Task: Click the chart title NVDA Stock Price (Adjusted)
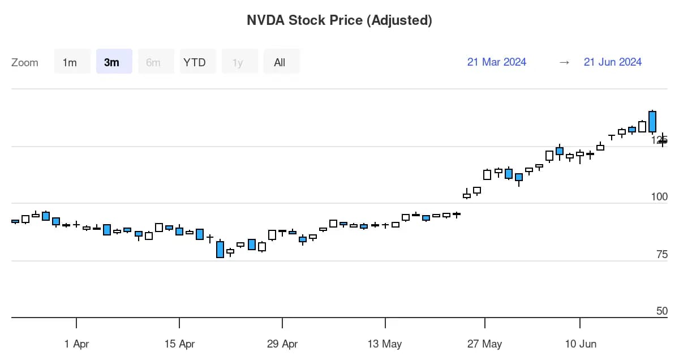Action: [x=339, y=20]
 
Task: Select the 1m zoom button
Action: [x=72, y=62]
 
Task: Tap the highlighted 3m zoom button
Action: [x=114, y=62]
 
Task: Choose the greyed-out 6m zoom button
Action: [x=156, y=62]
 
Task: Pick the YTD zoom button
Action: [x=198, y=62]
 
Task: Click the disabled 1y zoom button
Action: [x=240, y=62]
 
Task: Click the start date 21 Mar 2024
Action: [x=497, y=62]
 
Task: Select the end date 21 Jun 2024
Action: [x=613, y=62]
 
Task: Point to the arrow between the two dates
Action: [x=564, y=62]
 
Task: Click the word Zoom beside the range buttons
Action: [x=25, y=62]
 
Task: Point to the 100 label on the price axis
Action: [x=659, y=197]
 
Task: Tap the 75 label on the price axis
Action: [x=662, y=254]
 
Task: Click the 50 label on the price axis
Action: [x=662, y=311]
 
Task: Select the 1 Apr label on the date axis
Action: [x=76, y=344]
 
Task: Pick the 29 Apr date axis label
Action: [x=282, y=344]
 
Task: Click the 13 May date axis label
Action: [x=385, y=344]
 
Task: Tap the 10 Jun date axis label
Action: [x=581, y=344]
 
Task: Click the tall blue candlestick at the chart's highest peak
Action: [x=652, y=122]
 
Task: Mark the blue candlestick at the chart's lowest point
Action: [x=220, y=249]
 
